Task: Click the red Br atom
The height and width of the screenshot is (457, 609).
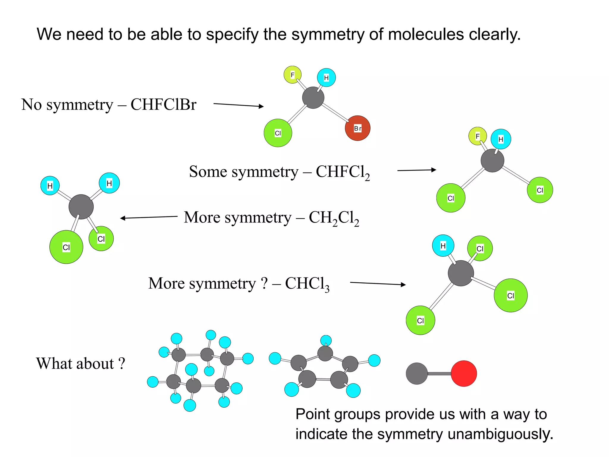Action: click(357, 128)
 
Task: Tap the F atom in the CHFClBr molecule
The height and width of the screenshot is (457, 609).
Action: click(292, 75)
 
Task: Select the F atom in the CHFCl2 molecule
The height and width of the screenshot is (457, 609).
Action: click(477, 136)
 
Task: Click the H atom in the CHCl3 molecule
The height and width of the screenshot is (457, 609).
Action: click(443, 246)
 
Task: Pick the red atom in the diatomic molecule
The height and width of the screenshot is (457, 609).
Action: click(464, 374)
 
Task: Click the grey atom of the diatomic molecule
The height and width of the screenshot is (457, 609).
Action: click(417, 374)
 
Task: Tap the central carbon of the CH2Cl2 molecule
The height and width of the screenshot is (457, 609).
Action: click(81, 207)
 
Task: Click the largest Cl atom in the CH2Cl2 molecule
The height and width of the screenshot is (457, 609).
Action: click(66, 247)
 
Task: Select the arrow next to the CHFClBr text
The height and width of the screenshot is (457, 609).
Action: click(238, 105)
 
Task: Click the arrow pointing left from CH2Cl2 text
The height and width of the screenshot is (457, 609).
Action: click(149, 217)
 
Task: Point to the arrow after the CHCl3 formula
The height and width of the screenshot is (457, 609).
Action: click(378, 284)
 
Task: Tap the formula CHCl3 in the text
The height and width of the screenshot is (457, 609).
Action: click(307, 284)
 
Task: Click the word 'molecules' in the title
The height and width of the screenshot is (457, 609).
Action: click(426, 34)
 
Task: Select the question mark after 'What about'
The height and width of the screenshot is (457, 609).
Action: click(121, 364)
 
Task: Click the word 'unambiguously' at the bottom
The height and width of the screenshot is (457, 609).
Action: click(500, 434)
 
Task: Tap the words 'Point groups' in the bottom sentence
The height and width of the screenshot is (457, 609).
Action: click(338, 414)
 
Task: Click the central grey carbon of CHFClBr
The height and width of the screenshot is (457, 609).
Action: click(313, 98)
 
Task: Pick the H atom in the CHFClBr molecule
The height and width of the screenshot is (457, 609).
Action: click(326, 78)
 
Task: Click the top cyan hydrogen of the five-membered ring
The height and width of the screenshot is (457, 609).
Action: click(326, 340)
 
